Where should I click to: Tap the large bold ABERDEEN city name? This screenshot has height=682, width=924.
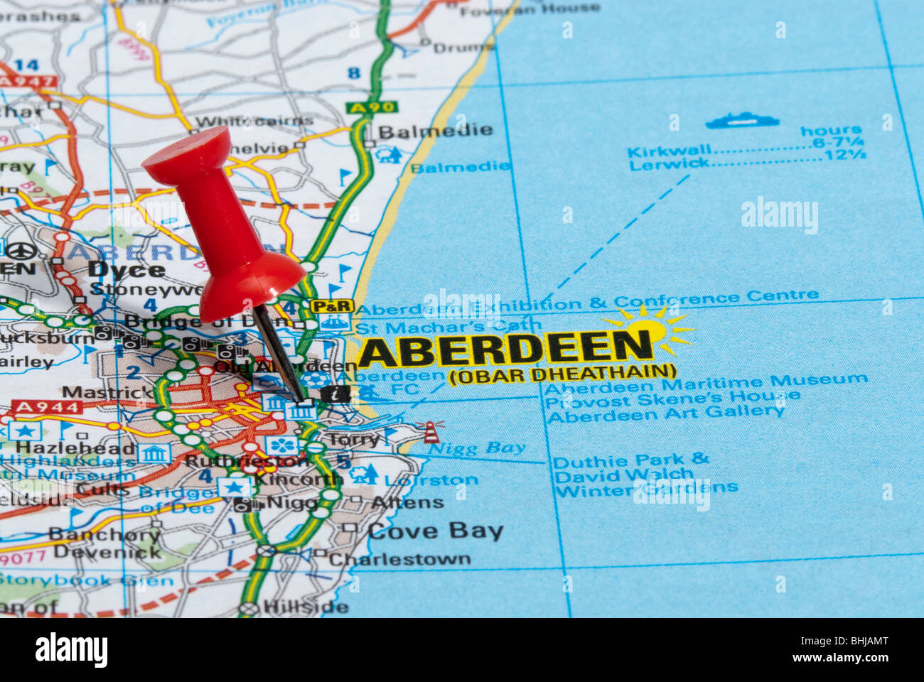(505, 348)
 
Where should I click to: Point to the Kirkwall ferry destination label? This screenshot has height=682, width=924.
(669, 151)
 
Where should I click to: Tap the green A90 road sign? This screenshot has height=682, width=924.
(372, 107)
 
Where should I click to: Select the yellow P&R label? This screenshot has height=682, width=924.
(332, 306)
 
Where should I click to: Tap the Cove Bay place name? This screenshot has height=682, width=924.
(435, 531)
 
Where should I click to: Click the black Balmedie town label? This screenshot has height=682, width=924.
(435, 131)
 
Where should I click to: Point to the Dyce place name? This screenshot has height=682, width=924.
(127, 270)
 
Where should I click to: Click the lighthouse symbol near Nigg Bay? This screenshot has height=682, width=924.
(431, 431)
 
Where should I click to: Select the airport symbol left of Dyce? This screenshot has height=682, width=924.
(21, 251)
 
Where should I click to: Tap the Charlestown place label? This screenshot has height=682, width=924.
(399, 559)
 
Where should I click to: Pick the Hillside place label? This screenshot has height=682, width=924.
(306, 607)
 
